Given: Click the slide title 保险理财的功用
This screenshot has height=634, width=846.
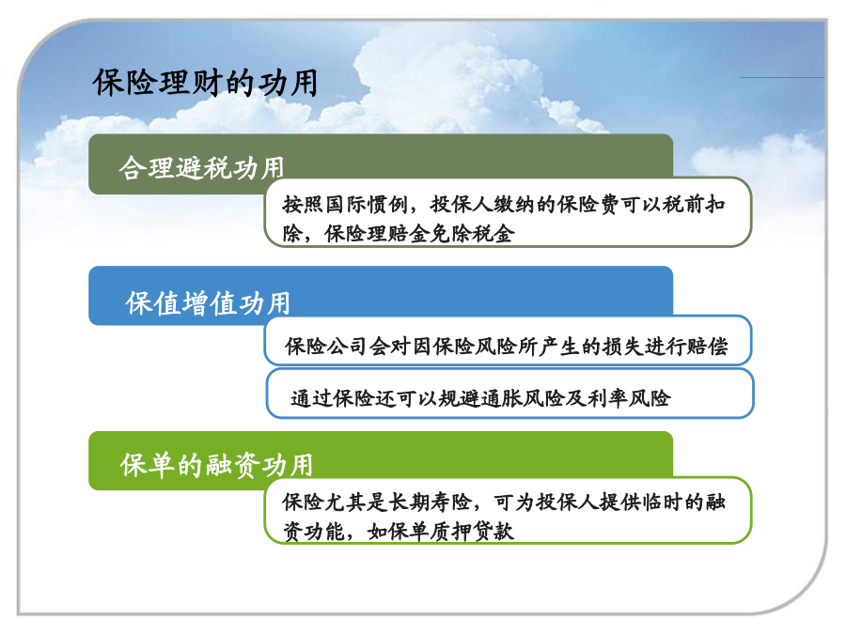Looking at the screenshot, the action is pos(206,83).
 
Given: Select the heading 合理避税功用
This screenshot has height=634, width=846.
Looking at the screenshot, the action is pos(202,168).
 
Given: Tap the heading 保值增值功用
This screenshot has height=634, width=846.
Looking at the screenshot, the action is pos(209,303).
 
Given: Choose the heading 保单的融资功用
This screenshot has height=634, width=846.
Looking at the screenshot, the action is pos(216,465).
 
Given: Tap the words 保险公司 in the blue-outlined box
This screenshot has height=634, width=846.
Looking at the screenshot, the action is pos(326,346).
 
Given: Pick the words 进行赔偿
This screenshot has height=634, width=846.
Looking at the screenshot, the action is pos(687,346).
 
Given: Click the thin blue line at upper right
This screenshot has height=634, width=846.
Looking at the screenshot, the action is pos(782,78).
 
